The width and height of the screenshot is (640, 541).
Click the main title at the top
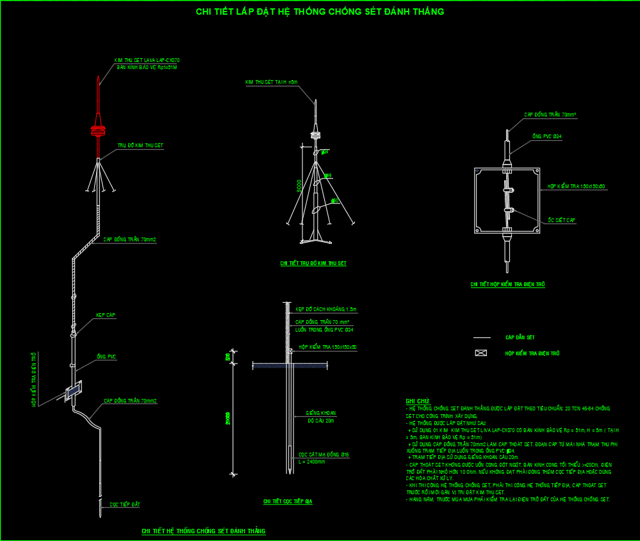(x=320, y=12)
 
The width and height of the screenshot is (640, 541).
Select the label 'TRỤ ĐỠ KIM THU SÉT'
(x=140, y=146)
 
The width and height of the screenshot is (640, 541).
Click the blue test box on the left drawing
(x=74, y=389)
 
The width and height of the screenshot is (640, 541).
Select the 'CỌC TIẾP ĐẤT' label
(x=125, y=505)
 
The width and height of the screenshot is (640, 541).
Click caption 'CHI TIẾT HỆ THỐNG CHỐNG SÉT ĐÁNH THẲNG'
(x=203, y=531)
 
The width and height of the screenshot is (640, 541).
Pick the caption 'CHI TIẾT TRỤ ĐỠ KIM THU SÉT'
(x=313, y=263)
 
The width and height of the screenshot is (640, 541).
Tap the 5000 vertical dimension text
(x=299, y=186)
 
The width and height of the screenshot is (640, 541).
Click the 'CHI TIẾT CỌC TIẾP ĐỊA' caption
(x=288, y=502)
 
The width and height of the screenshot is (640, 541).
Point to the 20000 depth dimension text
(x=228, y=417)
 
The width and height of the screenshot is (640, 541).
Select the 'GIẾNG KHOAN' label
(x=321, y=413)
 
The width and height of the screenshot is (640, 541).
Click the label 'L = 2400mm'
(x=312, y=461)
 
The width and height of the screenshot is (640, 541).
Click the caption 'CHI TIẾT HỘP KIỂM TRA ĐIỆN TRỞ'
(x=507, y=284)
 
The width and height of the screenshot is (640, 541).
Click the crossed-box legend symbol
(x=481, y=353)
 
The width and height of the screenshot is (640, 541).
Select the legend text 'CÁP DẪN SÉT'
(x=520, y=337)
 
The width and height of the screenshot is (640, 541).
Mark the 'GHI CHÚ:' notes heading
(x=417, y=401)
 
